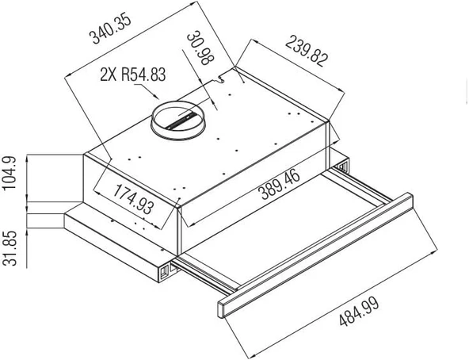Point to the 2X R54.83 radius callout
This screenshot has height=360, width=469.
[x=133, y=75]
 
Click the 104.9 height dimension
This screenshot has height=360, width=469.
[x=10, y=176]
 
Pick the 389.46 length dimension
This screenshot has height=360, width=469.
[x=279, y=183]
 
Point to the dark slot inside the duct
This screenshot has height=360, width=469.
[x=181, y=121]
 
